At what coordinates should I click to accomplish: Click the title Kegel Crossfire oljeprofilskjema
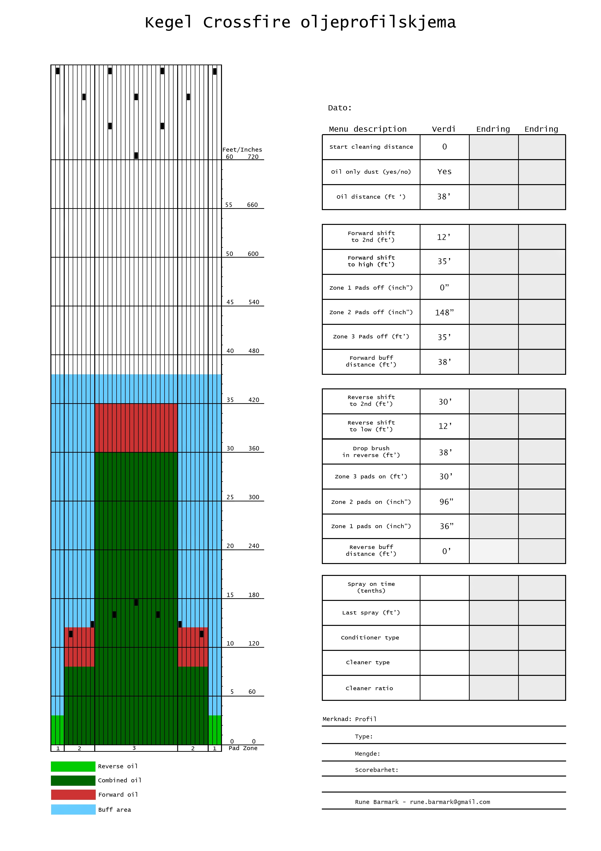tap(300, 22)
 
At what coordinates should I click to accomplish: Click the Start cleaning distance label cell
tap(371, 147)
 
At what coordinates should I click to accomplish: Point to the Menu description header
tap(367, 129)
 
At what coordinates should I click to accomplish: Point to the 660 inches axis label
tap(252, 205)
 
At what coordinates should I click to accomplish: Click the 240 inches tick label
tap(254, 546)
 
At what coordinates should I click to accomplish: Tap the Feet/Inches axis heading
tap(242, 150)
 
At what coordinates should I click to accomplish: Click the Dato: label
tap(340, 108)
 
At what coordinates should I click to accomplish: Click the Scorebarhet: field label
tap(376, 770)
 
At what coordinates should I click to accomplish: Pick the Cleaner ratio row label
tap(369, 688)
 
